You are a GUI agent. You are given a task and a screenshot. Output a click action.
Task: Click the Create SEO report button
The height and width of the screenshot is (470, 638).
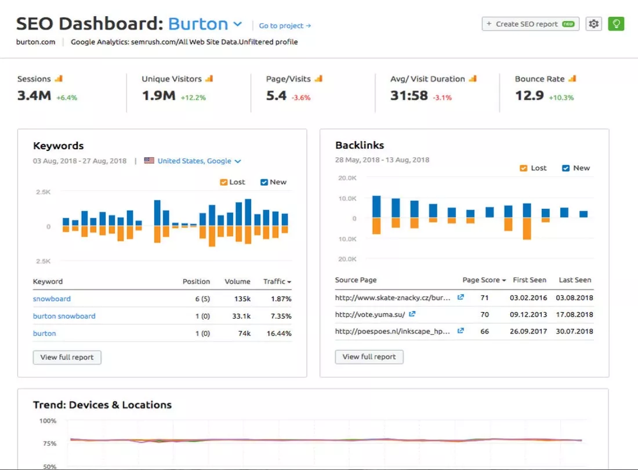530,24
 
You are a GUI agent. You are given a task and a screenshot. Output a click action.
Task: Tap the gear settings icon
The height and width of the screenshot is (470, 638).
593,24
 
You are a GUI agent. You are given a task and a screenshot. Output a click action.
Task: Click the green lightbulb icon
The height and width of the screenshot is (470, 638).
616,24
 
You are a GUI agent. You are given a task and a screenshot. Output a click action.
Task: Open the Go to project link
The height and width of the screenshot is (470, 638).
285,26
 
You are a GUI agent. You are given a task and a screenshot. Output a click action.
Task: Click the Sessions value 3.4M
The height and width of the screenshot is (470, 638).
34,96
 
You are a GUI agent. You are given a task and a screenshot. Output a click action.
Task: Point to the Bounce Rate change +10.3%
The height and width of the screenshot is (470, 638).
562,97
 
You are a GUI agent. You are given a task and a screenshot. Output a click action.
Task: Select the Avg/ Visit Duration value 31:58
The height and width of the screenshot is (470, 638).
409,96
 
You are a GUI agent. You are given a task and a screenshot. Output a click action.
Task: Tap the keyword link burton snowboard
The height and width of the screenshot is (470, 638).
64,316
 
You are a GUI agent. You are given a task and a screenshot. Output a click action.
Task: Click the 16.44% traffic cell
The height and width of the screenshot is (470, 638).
281,334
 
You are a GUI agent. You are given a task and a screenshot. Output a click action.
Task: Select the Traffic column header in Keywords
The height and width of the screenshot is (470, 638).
277,281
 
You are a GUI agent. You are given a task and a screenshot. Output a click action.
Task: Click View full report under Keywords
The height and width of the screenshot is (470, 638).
67,357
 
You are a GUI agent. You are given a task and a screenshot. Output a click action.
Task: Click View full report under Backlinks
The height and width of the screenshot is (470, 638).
369,357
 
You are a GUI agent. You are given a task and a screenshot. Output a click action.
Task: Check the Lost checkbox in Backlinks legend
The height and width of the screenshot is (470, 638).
523,168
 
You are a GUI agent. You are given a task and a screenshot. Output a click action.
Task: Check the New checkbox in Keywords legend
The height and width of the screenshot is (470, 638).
264,182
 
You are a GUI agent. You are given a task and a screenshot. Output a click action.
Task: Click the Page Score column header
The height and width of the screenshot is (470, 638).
484,280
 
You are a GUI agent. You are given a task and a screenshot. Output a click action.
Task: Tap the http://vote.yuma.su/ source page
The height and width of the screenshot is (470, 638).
371,314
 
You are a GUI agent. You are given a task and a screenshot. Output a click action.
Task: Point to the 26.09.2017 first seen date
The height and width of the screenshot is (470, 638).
529,331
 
